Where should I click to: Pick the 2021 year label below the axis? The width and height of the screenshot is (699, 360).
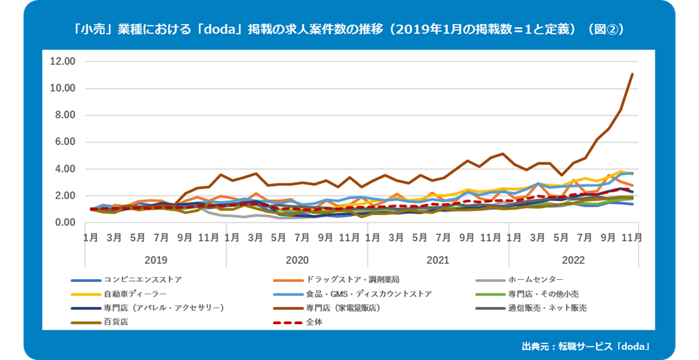point(438,260)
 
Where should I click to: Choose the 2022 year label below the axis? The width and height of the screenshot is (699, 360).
point(573,260)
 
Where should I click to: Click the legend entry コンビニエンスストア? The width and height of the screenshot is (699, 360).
point(142,280)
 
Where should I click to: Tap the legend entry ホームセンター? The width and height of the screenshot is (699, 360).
point(537,280)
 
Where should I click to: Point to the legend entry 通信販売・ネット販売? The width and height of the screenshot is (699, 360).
point(547,307)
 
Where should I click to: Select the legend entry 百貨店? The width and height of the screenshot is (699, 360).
point(115,321)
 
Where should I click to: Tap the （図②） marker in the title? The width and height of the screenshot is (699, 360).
point(605,30)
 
